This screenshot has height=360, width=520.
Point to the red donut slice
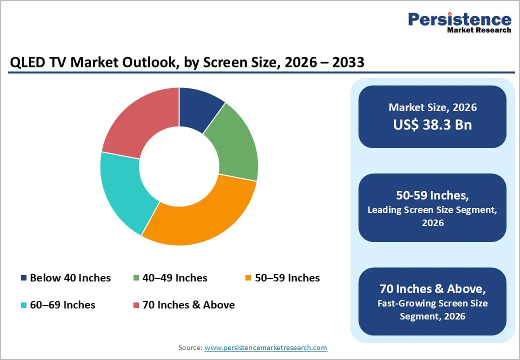click(x=140, y=120)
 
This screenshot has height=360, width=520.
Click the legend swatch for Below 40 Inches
click(x=23, y=278)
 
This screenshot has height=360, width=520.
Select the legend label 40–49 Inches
click(x=174, y=278)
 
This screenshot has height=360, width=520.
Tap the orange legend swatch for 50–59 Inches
click(x=248, y=278)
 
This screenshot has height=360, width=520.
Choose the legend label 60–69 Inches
click(x=62, y=304)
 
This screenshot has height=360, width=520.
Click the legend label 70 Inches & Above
click(x=188, y=304)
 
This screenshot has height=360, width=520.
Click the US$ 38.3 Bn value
click(x=432, y=124)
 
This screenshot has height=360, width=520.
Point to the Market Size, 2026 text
click(x=432, y=107)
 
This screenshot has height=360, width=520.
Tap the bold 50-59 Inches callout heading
click(x=432, y=195)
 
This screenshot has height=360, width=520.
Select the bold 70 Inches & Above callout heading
click(x=432, y=289)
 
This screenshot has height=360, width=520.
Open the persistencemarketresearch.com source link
click(x=265, y=347)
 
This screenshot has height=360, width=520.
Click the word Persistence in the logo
click(x=459, y=19)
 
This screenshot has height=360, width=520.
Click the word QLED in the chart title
click(x=26, y=63)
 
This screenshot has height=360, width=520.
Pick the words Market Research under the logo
click(x=479, y=30)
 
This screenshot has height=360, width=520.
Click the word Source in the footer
click(x=189, y=347)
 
